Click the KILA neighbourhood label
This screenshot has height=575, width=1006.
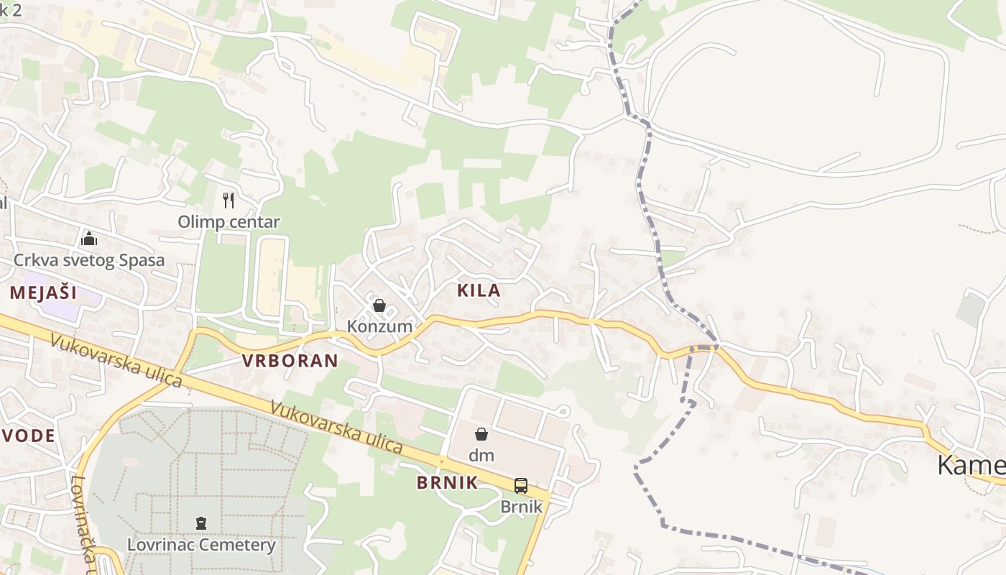pyautogui.click(x=479, y=290)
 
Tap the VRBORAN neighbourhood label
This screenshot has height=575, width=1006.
pyautogui.click(x=290, y=361)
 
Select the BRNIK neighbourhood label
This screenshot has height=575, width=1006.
pyautogui.click(x=447, y=482)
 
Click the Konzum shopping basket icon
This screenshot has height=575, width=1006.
pyautogui.click(x=379, y=305)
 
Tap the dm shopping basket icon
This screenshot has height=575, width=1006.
pyautogui.click(x=481, y=433)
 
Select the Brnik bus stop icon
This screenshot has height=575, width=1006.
pyautogui.click(x=521, y=486)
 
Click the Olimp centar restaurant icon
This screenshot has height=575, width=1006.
pyautogui.click(x=229, y=200)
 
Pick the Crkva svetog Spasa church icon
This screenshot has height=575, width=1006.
pyautogui.click(x=89, y=238)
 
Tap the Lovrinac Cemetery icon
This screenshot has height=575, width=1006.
pyautogui.click(x=201, y=523)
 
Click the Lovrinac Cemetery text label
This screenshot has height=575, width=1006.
pyautogui.click(x=201, y=545)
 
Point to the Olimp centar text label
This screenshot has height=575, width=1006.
pyautogui.click(x=229, y=221)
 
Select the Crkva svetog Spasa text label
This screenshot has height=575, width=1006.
pyautogui.click(x=89, y=260)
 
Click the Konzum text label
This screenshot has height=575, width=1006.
pyautogui.click(x=379, y=326)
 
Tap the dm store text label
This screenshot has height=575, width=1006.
pyautogui.click(x=481, y=455)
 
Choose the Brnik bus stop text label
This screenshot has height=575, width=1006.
pyautogui.click(x=521, y=507)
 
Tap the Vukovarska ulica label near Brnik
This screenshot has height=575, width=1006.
pyautogui.click(x=336, y=425)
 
